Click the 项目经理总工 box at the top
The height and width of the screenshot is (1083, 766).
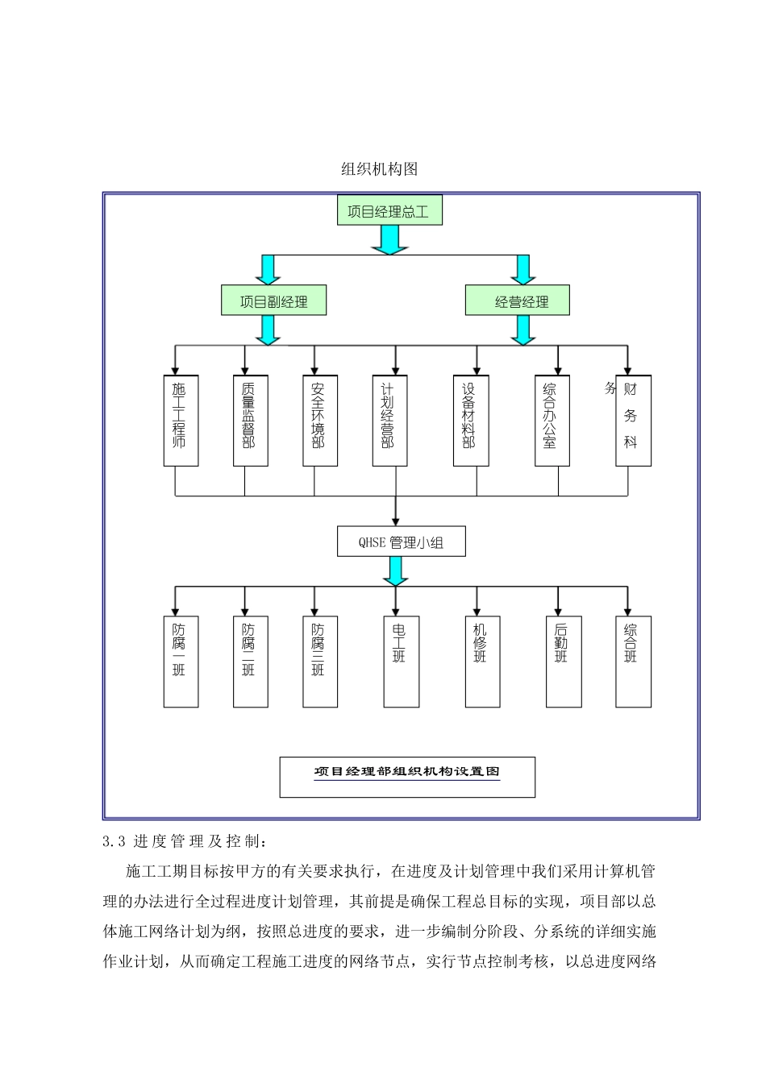(389, 211)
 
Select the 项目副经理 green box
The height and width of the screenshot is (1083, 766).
(273, 301)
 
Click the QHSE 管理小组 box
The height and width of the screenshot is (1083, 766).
(401, 542)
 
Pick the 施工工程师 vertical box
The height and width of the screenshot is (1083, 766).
(181, 420)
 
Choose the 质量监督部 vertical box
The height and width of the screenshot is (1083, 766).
(250, 420)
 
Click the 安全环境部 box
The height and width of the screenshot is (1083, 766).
(319, 420)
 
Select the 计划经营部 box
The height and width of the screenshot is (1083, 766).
(389, 420)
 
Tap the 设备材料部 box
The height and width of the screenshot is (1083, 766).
(470, 420)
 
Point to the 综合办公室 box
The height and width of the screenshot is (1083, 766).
(552, 420)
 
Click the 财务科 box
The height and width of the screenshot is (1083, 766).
(633, 420)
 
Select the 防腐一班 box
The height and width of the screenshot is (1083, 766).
(181, 662)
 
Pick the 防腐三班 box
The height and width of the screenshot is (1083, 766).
(319, 662)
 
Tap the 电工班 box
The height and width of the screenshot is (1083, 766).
(401, 662)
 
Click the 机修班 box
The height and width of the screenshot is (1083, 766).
(482, 662)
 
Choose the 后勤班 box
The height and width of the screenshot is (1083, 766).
(563, 662)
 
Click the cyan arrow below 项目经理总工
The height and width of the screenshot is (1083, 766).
(389, 239)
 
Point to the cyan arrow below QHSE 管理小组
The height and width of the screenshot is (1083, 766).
(395, 571)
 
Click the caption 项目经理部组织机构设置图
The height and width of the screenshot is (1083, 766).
(407, 773)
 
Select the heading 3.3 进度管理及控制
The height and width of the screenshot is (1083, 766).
(183, 841)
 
